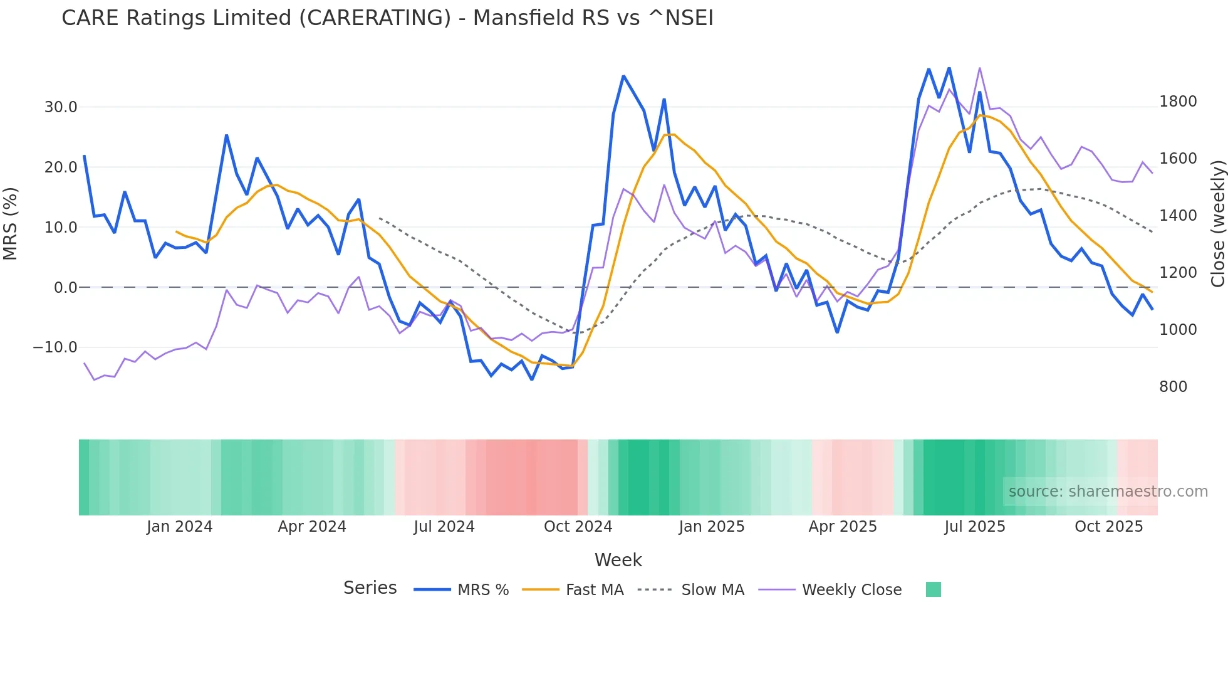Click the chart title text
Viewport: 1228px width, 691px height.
[x=387, y=18]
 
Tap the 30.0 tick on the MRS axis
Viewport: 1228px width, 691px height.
[x=61, y=107]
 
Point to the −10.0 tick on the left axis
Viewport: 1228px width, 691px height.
[x=55, y=347]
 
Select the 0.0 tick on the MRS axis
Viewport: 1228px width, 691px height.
[x=65, y=288]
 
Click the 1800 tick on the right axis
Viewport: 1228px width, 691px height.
[x=1178, y=102]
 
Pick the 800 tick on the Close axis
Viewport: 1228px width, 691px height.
[x=1173, y=387]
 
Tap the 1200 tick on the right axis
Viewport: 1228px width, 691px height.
[x=1178, y=273]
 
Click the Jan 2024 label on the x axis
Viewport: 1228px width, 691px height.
[x=180, y=527]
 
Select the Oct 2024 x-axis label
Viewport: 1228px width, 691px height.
[x=578, y=527]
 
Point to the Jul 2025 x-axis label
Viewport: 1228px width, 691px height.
[x=975, y=527]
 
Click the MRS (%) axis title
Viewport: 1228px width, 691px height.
[x=11, y=224]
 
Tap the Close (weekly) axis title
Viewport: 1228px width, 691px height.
[x=1217, y=224]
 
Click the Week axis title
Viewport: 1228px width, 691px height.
[x=618, y=560]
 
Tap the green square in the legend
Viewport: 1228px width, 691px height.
[x=933, y=590]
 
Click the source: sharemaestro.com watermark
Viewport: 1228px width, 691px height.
[x=1108, y=492]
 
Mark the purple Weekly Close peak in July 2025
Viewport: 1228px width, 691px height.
[x=980, y=68]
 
